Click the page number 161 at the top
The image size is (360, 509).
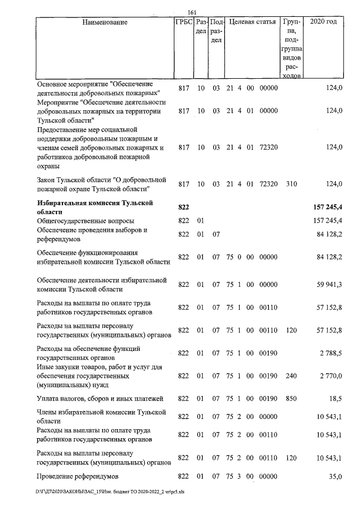click(x=192, y=12)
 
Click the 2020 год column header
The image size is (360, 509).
click(x=327, y=22)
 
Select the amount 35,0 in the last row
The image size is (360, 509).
click(x=335, y=476)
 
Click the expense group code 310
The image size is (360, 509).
click(x=290, y=184)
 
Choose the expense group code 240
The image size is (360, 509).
click(x=290, y=376)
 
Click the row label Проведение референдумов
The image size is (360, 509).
click(x=81, y=476)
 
